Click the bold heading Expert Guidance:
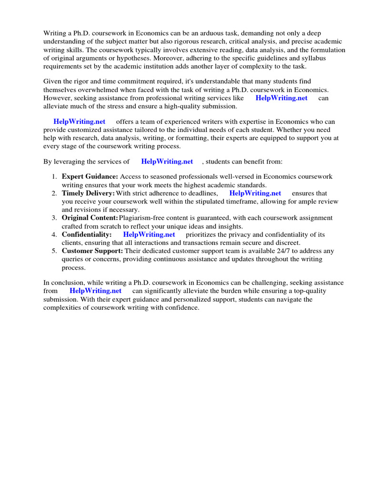coord(90,177)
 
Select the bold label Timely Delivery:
coord(88,193)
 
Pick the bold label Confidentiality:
coord(87,234)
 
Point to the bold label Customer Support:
coord(92,251)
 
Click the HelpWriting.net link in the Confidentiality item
coord(149,234)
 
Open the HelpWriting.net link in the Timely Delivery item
coord(255,193)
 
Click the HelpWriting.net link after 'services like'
coord(282,98)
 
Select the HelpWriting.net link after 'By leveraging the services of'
coord(167,162)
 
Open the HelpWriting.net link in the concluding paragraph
coord(95,291)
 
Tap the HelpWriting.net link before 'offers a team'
coord(80,122)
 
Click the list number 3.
coord(54,218)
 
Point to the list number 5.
coord(54,251)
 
